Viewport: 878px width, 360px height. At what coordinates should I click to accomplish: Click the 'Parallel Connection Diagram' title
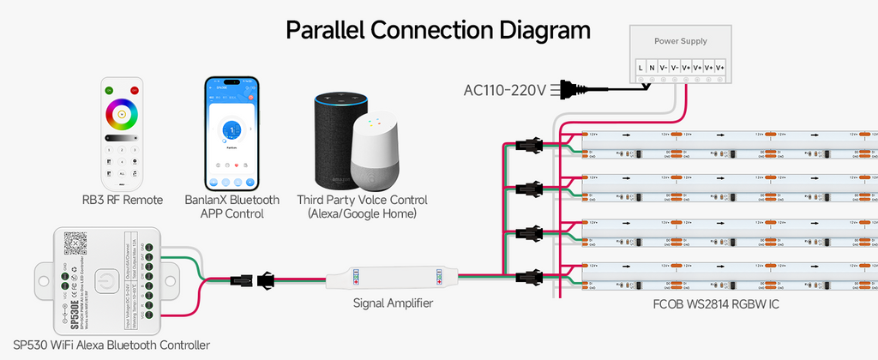(x=438, y=30)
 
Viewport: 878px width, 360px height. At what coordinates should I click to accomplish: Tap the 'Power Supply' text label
(x=681, y=40)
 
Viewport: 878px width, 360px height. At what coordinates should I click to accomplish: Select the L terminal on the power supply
(x=640, y=67)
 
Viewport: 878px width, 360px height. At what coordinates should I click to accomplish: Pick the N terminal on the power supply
(x=652, y=67)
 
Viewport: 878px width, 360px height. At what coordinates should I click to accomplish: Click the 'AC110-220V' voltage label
(x=504, y=90)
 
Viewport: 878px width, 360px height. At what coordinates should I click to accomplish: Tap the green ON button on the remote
(x=109, y=90)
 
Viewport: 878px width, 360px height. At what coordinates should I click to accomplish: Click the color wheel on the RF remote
(x=122, y=113)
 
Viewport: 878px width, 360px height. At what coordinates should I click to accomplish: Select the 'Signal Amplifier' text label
(x=393, y=303)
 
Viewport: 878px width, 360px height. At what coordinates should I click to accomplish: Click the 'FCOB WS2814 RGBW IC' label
(x=712, y=303)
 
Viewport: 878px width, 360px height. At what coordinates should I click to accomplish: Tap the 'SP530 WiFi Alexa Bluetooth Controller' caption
(x=112, y=345)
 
